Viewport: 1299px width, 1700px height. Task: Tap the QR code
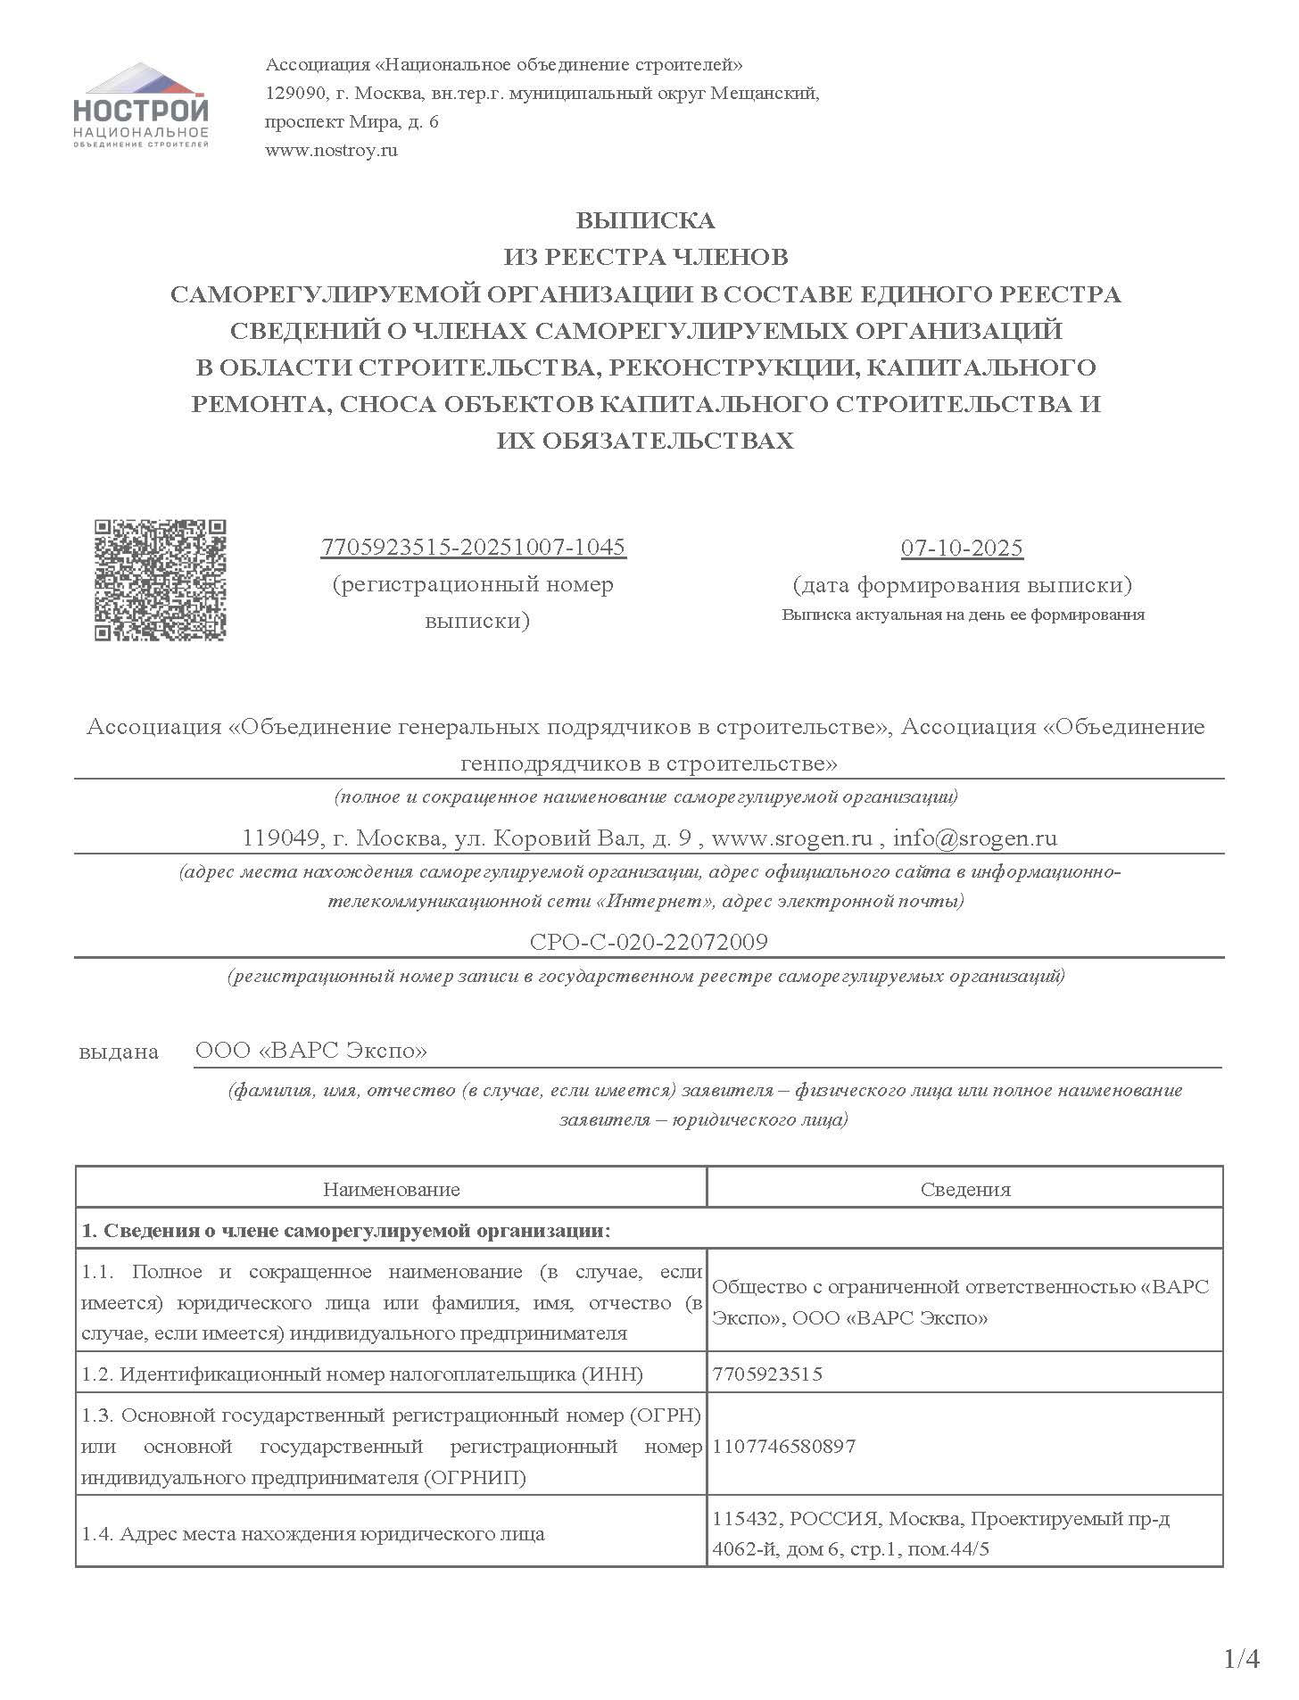click(x=161, y=580)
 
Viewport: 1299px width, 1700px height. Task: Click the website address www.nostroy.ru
click(x=331, y=150)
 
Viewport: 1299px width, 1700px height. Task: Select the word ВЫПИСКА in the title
click(x=645, y=220)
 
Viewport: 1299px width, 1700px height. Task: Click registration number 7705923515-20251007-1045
click(x=473, y=547)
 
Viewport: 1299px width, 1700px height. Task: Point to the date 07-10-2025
click(x=962, y=548)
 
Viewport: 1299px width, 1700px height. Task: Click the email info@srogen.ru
click(x=974, y=838)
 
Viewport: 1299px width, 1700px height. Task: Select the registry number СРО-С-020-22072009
click(x=649, y=942)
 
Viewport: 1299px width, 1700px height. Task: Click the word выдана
click(x=119, y=1052)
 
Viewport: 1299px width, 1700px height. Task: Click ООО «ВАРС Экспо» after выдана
click(x=311, y=1050)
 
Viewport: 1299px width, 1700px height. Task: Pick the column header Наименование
click(x=392, y=1189)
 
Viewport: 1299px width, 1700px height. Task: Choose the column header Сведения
click(x=965, y=1189)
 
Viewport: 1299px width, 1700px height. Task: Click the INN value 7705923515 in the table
click(x=767, y=1374)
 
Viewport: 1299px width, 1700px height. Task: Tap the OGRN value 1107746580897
click(x=784, y=1446)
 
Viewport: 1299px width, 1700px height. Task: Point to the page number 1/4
click(x=1241, y=1658)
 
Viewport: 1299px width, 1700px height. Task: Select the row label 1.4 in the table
click(x=312, y=1534)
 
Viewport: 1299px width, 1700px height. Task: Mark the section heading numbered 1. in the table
click(x=346, y=1231)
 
